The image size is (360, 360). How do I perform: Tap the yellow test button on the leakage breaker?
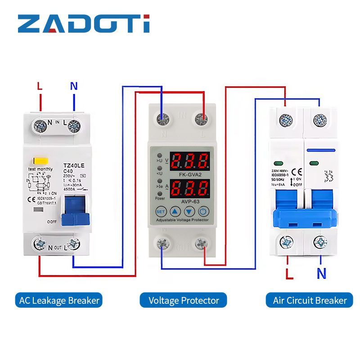(x=36, y=161)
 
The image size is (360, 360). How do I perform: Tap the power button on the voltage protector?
(x=203, y=211)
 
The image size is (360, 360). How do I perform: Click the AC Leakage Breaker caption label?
(x=59, y=300)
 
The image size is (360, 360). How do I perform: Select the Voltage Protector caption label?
(x=184, y=300)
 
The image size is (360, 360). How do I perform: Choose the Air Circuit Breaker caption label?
(x=310, y=300)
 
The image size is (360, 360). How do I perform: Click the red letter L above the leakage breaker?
(x=40, y=86)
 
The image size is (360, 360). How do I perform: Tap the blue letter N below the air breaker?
(x=321, y=273)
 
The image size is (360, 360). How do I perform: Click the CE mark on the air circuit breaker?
(x=296, y=171)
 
